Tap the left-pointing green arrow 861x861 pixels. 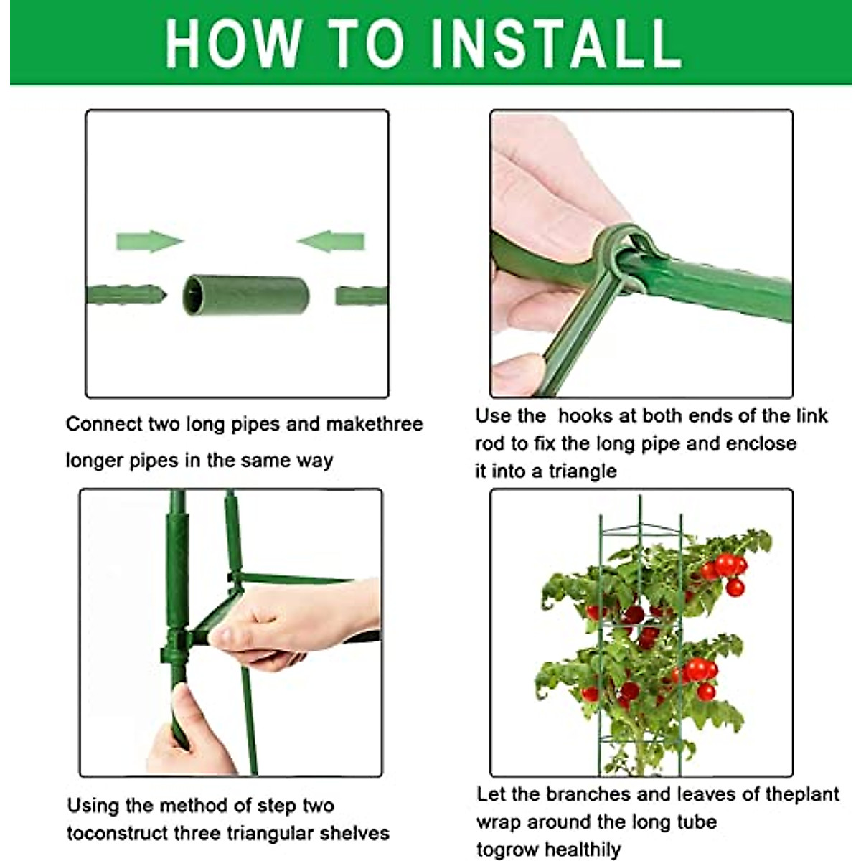(331, 242)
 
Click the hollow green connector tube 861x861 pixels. (246, 295)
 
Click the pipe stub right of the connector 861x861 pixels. (362, 295)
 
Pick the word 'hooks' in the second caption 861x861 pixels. (585, 416)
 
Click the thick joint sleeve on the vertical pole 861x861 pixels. (177, 567)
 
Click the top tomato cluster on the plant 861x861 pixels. (726, 570)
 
